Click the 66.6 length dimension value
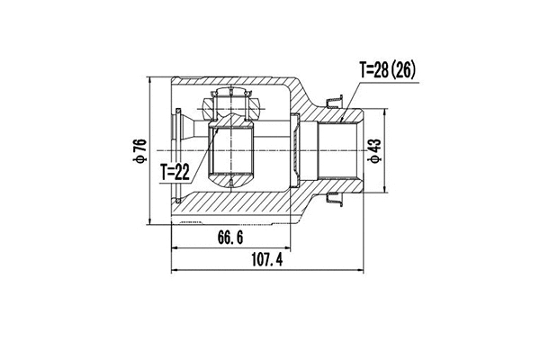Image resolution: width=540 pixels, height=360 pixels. pos(229,238)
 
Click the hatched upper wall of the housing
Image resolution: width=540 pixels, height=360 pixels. pos(270,86)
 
